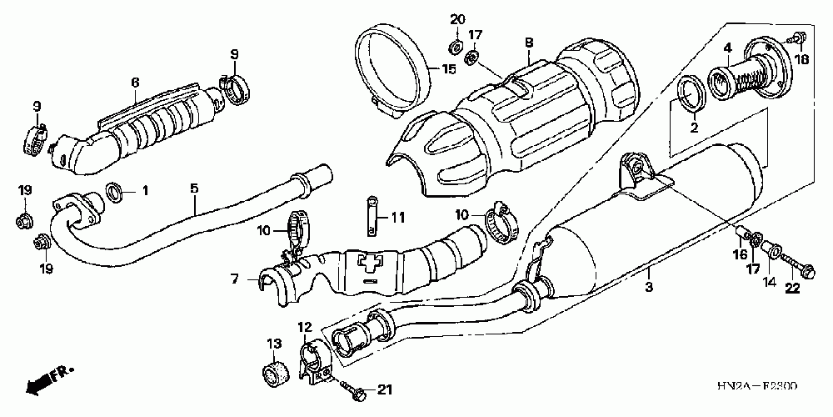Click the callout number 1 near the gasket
pos(144,191)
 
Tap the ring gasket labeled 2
pos(691,93)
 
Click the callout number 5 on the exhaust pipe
pos(193,189)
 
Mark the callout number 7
pos(237,279)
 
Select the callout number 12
pos(304,327)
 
